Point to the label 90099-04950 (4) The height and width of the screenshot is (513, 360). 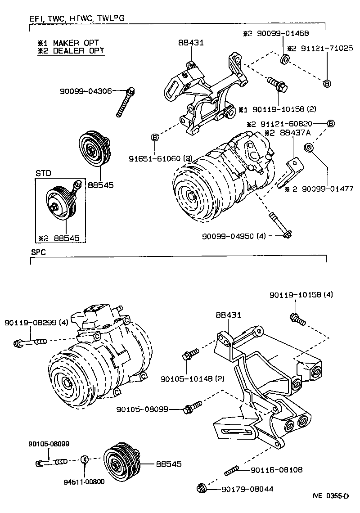click(234, 235)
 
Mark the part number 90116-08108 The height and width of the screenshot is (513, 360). click(278, 470)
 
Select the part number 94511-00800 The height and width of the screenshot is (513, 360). click(84, 481)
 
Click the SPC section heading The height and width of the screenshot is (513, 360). click(38, 252)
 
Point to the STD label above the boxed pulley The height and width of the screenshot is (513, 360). click(44, 172)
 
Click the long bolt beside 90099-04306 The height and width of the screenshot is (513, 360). click(125, 102)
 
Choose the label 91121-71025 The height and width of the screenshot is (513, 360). click(324, 48)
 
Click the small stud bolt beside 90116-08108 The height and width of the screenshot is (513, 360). click(231, 471)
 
